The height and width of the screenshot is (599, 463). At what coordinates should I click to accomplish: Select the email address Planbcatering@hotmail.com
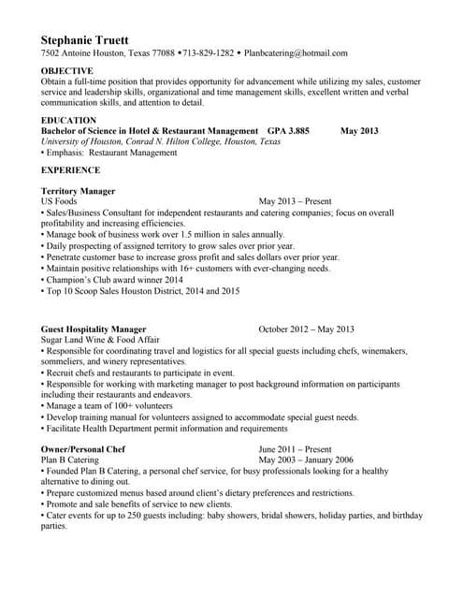(294, 53)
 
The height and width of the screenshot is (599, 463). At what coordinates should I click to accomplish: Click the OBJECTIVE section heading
(67, 71)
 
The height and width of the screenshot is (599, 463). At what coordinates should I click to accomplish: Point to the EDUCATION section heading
(68, 121)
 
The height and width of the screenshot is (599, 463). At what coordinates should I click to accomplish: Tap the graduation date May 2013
(359, 131)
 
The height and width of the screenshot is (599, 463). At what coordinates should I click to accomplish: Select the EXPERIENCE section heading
(70, 170)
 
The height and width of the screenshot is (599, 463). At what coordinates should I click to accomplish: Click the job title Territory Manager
(79, 191)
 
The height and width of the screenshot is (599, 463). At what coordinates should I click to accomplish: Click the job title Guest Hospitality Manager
(94, 329)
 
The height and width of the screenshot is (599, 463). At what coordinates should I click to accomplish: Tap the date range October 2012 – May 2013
(306, 329)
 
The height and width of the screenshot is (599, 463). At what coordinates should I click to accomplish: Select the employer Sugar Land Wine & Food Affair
(100, 341)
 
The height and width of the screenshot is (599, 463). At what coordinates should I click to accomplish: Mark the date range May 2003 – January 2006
(306, 460)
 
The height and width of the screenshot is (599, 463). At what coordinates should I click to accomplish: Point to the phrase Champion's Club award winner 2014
(114, 280)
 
